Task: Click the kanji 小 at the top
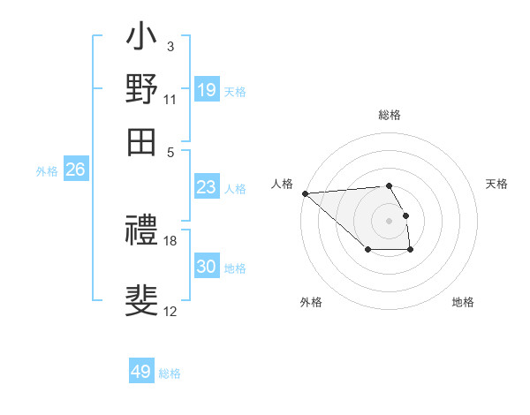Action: point(142,38)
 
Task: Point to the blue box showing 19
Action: point(207,89)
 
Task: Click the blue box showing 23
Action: point(207,187)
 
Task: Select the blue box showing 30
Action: point(207,267)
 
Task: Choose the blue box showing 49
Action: point(141,372)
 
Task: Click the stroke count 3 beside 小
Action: point(170,46)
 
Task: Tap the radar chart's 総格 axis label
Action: point(389,115)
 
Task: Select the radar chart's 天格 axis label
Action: point(496,184)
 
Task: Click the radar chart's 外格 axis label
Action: point(311,302)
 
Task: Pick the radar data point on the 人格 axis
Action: point(305,193)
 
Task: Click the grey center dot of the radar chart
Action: point(389,220)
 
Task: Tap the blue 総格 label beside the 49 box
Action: point(170,373)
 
